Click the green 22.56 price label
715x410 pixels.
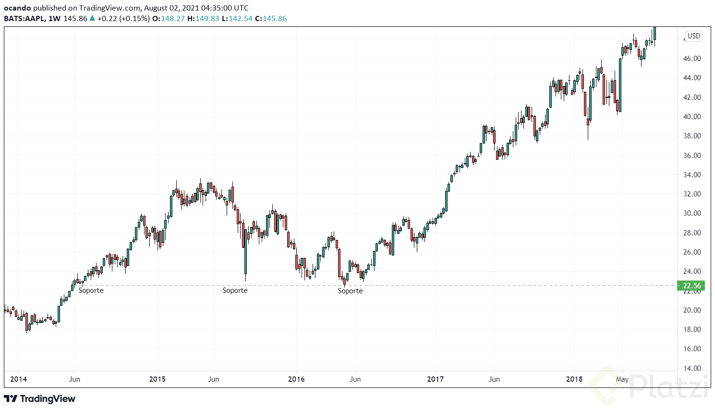691,286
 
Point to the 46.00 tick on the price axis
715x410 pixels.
692,59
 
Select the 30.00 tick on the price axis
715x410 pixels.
692,213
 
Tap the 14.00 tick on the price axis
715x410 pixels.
692,368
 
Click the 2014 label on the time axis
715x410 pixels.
19,379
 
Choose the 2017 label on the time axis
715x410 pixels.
436,379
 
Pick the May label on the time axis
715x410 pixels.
622,379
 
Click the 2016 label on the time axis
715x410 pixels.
296,379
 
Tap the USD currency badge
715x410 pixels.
694,36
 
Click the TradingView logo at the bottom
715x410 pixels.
40,399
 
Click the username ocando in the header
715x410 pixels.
17,8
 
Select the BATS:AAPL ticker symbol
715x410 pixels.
24,19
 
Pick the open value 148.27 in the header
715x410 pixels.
172,19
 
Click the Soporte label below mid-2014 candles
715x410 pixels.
91,290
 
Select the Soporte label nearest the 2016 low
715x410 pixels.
350,291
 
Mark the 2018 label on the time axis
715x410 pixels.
574,379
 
